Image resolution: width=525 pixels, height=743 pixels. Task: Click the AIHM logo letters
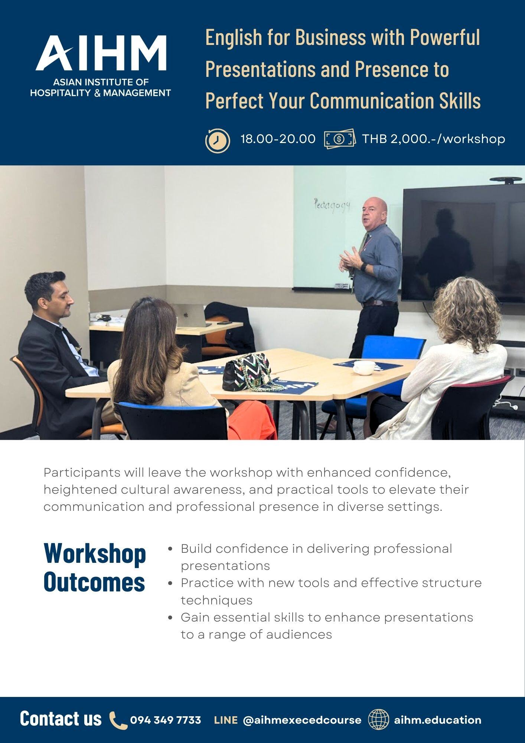click(101, 53)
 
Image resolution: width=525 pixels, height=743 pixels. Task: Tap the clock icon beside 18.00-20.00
click(218, 140)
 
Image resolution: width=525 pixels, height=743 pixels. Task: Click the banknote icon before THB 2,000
click(339, 139)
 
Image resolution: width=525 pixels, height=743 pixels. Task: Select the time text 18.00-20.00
click(278, 139)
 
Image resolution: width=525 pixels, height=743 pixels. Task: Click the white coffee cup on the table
click(363, 368)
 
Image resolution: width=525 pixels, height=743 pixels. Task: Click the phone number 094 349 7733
click(166, 720)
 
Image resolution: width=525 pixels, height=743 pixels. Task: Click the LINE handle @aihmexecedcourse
click(302, 720)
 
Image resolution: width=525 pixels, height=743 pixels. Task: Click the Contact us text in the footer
click(61, 718)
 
